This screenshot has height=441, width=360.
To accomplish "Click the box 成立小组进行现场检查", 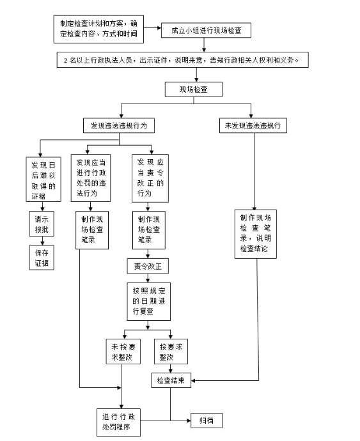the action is point(206,31).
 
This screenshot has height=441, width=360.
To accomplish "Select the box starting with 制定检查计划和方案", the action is point(98,29).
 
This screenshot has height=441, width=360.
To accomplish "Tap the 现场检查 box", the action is point(194,89).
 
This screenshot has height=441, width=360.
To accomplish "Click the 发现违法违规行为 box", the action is point(119,125).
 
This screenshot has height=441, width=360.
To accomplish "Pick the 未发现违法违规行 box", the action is point(253,125).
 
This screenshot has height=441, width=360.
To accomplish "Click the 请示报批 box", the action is point(42,224).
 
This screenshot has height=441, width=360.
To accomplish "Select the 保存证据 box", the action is point(42,258).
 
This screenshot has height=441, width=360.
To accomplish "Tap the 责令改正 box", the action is point(148,266).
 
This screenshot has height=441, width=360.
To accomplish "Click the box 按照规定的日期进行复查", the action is point(148,302).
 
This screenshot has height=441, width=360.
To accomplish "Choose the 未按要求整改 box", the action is point(123,352).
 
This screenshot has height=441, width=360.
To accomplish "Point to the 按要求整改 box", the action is point(171,352).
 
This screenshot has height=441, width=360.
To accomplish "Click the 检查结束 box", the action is point(171,380).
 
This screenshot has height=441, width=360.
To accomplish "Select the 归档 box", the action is point(207,421).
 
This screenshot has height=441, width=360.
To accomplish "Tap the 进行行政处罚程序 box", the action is point(118,422).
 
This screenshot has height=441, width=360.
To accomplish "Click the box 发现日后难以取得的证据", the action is point(43,180).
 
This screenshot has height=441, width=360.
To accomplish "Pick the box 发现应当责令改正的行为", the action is point(150,178).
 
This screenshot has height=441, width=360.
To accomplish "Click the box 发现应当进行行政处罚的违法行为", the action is point(91,178).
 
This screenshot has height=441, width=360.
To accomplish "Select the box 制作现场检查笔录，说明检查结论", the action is point(256,234).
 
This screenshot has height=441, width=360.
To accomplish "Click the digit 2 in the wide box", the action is point(65,61).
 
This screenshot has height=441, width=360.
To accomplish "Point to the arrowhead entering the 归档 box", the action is point(189,421).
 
